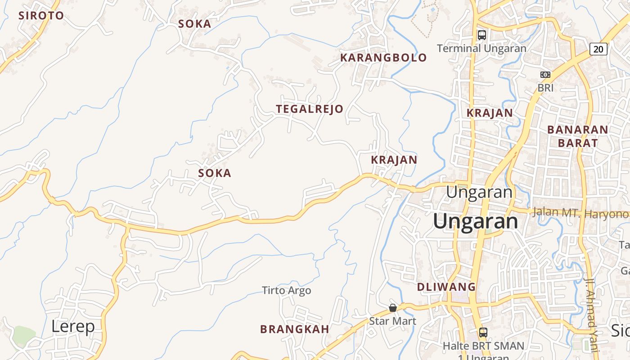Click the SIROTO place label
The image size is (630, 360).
41,16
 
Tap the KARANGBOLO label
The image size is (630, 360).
383,58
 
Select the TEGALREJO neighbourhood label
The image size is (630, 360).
310,109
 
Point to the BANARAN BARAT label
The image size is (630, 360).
578,136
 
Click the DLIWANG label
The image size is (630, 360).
446,287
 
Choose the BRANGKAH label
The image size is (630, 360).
295,329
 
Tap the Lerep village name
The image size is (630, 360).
73,327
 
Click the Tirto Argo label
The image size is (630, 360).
287,291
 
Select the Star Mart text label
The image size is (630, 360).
392,321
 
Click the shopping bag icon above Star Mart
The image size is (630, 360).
393,308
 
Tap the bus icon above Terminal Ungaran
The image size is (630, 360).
481,35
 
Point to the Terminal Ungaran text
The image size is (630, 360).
481,48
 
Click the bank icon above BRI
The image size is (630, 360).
545,75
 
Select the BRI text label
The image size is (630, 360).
545,88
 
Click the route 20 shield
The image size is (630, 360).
598,49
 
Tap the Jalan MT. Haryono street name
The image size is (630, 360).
580,213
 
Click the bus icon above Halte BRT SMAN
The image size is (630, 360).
483,333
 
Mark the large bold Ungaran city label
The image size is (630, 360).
476,221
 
